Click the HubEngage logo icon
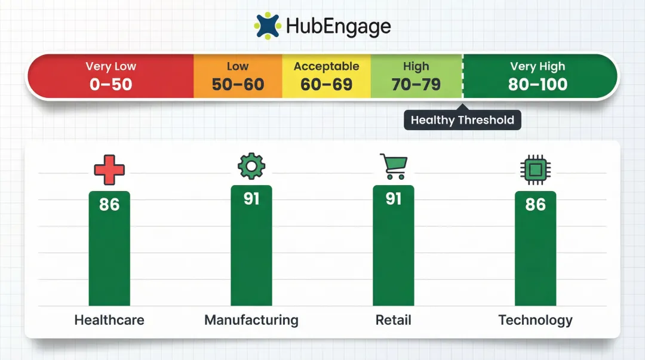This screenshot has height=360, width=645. coord(267,26)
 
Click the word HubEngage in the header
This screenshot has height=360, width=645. coord(338,26)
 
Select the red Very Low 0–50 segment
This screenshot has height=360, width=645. coord(110,76)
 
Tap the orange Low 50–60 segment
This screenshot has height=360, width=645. coord(238,76)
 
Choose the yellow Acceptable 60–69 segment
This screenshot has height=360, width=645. coord(326,76)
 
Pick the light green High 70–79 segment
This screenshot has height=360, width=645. coord(416,76)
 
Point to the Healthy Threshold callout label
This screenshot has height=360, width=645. coord(462,120)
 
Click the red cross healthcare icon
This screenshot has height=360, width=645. coord(109,169)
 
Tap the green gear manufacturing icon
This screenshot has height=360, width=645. coord(251,167)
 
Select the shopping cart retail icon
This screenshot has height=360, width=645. coord(394,167)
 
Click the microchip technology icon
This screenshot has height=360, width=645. coord(535,169)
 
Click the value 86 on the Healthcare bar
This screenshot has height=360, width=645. coord(109,205)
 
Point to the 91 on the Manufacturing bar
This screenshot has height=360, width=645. coord(251,198)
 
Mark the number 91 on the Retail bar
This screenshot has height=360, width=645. coord(394,198)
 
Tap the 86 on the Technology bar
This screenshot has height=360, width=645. coord(535,205)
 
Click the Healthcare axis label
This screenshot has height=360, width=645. coord(109,320)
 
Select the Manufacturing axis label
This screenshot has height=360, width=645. coord(251,320)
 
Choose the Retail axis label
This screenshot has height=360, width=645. coord(394,320)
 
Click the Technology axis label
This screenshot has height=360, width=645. coord(535,320)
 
